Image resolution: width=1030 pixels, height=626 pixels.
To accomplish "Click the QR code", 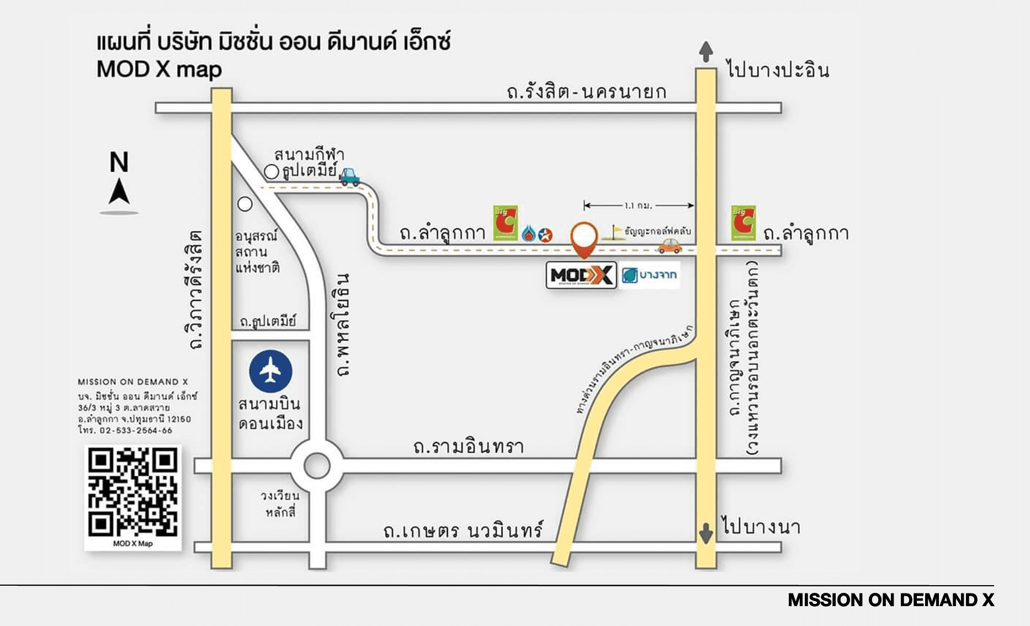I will (132, 493).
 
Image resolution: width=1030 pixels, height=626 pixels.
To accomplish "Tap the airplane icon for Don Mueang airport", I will (270, 371).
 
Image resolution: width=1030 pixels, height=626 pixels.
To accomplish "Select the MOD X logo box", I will (581, 275).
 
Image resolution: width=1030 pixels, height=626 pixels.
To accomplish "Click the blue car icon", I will (349, 177).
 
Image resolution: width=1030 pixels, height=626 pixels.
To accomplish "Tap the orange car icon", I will (670, 245).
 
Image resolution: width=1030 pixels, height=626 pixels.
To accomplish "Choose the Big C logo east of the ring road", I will (744, 223).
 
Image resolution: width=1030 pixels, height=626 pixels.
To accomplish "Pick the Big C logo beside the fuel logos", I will (505, 223).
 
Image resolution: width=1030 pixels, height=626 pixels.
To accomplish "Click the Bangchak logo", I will (650, 275).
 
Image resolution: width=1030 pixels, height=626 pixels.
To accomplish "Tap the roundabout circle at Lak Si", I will (317, 466).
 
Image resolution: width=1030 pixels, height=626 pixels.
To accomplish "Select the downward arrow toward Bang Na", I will (706, 533).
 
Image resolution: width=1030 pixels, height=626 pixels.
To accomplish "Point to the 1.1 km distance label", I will (638, 206).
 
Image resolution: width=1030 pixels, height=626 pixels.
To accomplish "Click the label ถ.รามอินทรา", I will (468, 446).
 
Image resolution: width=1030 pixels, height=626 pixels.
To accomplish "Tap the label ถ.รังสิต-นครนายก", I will (586, 91).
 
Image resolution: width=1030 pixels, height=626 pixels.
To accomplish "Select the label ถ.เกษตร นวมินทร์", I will (463, 530).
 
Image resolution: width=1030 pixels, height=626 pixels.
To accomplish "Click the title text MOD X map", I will (159, 70).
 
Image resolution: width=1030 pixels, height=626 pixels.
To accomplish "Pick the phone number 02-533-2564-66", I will (136, 430).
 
